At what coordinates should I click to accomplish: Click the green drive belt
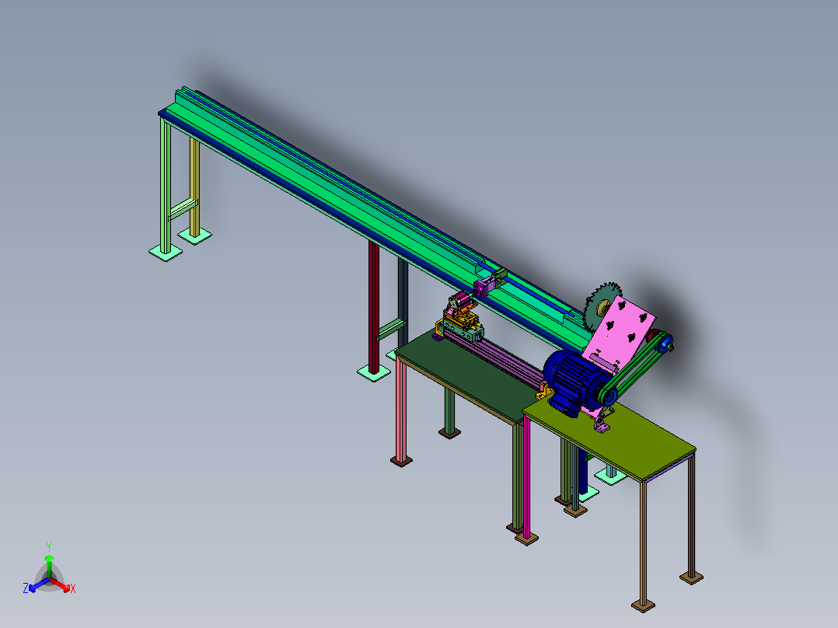(636, 368)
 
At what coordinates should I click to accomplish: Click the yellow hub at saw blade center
(603, 307)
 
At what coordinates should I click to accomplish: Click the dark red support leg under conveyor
(374, 307)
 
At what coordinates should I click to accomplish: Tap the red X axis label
(73, 588)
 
